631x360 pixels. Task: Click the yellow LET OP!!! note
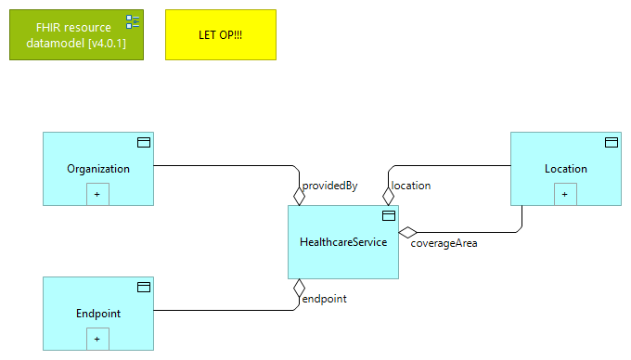pos(221,34)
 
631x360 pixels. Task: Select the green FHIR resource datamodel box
pos(69,34)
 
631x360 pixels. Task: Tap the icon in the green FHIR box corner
pos(133,21)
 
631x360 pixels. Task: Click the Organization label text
pos(98,169)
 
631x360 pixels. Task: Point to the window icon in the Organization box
pos(144,142)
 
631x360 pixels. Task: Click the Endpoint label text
pos(98,314)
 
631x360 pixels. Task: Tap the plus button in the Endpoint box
pos(98,339)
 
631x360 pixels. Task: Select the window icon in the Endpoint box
pos(144,287)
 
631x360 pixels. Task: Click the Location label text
pos(566,169)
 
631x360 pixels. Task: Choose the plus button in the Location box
pos(566,194)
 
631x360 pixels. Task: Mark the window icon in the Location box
pos(612,142)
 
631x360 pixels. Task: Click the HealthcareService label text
pos(343,242)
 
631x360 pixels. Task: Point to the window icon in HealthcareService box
pos(389,215)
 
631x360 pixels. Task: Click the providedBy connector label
pos(330,186)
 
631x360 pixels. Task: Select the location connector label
pos(411,186)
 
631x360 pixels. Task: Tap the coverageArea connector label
pos(444,244)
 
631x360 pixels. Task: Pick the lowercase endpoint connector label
pos(325,299)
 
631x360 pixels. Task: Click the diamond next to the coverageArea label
pos(407,232)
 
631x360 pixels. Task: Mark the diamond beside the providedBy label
pos(299,196)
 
